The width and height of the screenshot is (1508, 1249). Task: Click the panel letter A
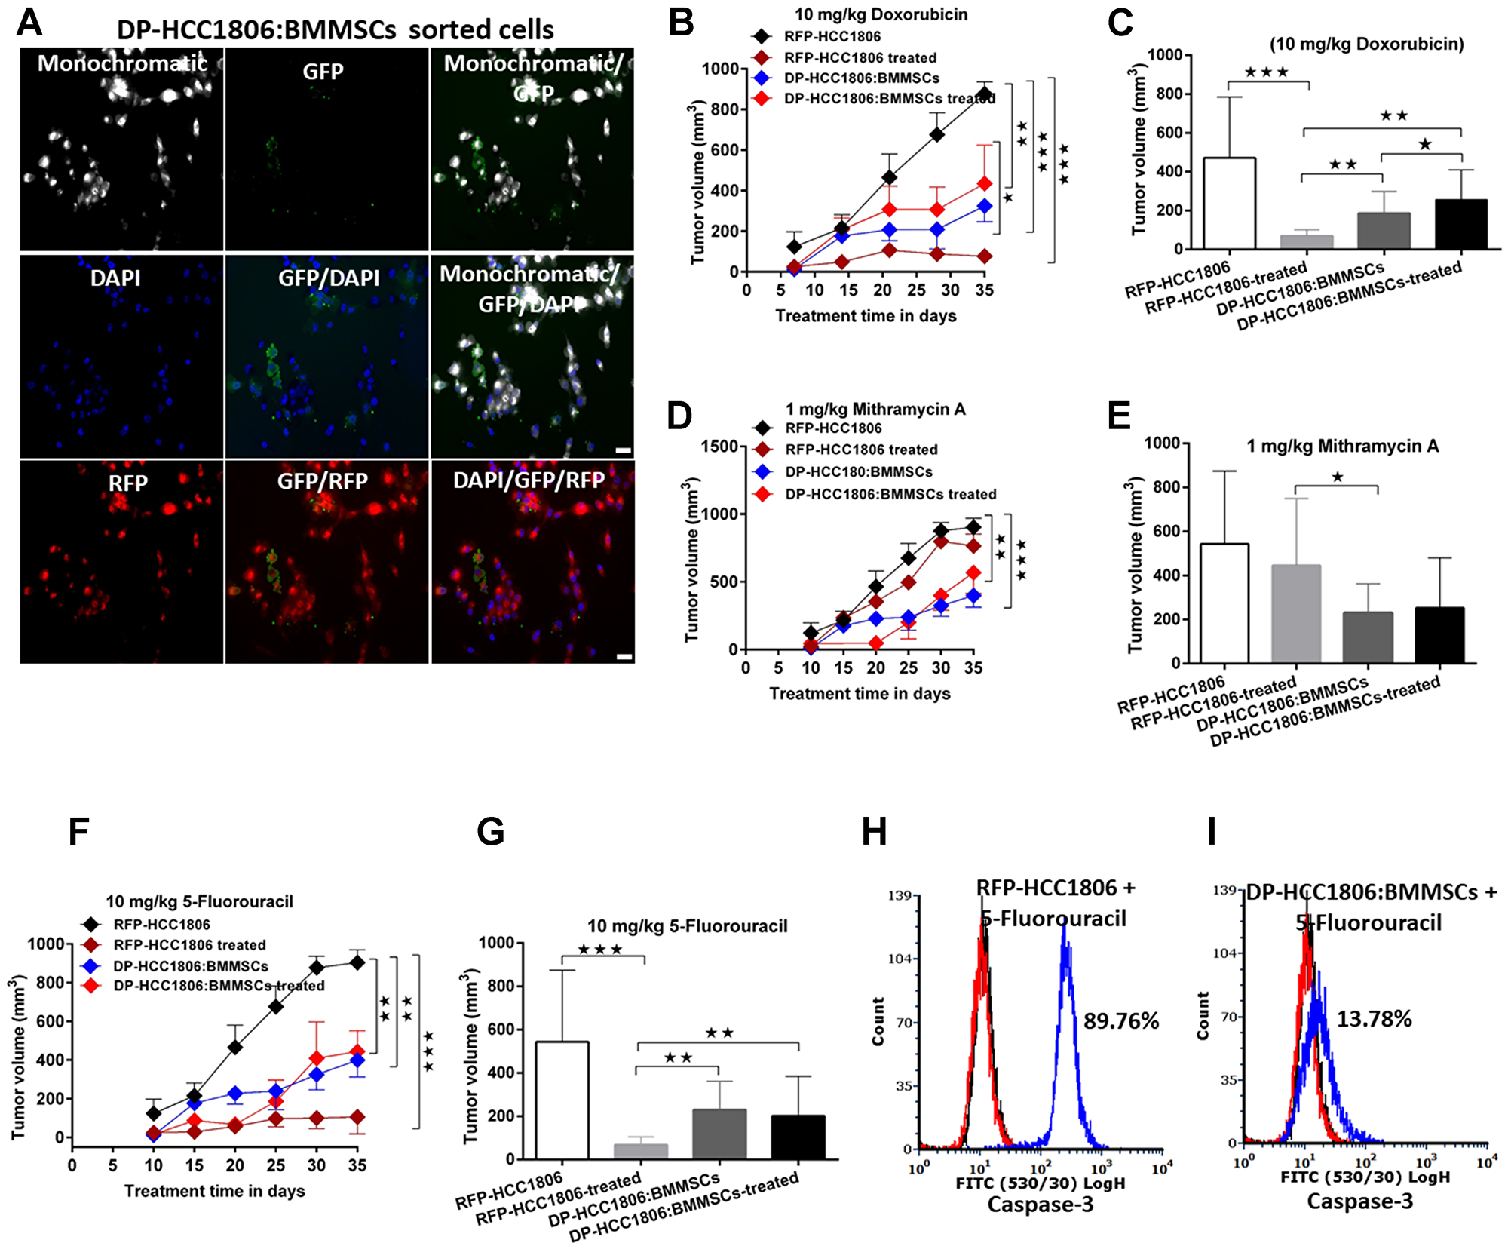(x=29, y=23)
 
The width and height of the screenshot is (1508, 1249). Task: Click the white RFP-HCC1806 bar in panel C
(x=1229, y=204)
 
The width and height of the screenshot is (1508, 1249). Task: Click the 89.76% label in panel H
(x=1120, y=1021)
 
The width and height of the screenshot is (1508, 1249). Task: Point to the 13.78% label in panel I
(x=1373, y=1019)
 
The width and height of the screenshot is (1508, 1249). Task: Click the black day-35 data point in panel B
(x=984, y=94)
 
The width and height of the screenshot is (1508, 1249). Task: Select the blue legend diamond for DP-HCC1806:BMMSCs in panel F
(x=91, y=965)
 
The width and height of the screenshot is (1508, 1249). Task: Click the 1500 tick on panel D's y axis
(x=718, y=447)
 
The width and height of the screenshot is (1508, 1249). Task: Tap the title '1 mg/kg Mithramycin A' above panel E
(x=1342, y=446)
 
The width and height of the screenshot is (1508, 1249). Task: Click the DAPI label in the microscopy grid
(x=115, y=278)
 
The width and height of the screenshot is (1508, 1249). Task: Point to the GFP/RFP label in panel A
(x=322, y=480)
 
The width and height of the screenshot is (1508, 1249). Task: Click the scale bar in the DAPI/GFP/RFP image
(x=624, y=656)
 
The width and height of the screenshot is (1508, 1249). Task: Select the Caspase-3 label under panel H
(x=1040, y=1205)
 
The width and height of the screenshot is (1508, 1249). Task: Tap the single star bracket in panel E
(x=1336, y=486)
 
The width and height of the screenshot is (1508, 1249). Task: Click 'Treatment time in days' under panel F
(x=214, y=1191)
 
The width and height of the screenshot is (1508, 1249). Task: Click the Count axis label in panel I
(x=1203, y=1016)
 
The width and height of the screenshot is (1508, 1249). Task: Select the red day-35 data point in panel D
(x=973, y=573)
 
